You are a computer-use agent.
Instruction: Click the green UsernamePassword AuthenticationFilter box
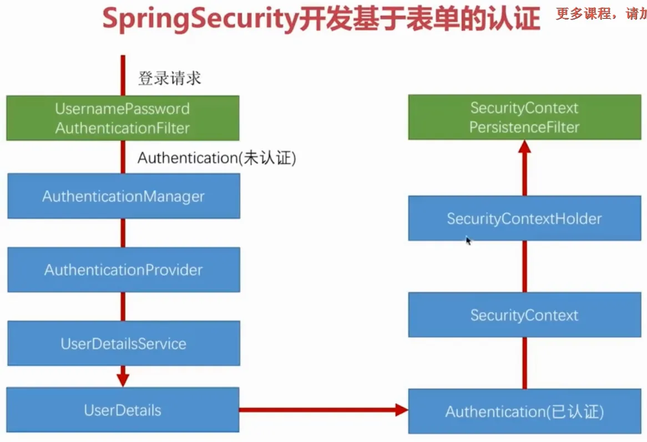click(123, 118)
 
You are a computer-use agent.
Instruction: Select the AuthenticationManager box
click(123, 196)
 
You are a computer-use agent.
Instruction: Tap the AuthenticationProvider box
click(123, 270)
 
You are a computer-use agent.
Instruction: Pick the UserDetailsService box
click(123, 343)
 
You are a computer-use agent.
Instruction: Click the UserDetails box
click(123, 410)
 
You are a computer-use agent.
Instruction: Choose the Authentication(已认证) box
click(524, 411)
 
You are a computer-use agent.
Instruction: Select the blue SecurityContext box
click(524, 314)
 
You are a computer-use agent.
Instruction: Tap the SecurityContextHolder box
click(524, 218)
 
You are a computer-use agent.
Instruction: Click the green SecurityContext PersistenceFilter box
click(524, 117)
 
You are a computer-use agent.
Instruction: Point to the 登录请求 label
click(170, 78)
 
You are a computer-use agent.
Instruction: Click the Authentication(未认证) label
click(216, 158)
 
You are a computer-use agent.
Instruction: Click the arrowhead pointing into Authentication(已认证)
click(402, 410)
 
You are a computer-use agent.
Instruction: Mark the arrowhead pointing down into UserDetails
click(123, 380)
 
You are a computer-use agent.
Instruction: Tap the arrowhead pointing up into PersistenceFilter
click(524, 147)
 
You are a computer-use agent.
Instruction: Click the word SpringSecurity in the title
click(200, 19)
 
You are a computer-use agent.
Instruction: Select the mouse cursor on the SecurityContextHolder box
click(468, 241)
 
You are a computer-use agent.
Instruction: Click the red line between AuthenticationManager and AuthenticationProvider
click(123, 233)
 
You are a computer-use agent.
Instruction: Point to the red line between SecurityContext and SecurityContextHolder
click(524, 266)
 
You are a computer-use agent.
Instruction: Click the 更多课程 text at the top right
click(583, 14)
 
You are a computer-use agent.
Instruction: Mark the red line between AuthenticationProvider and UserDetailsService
click(123, 307)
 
